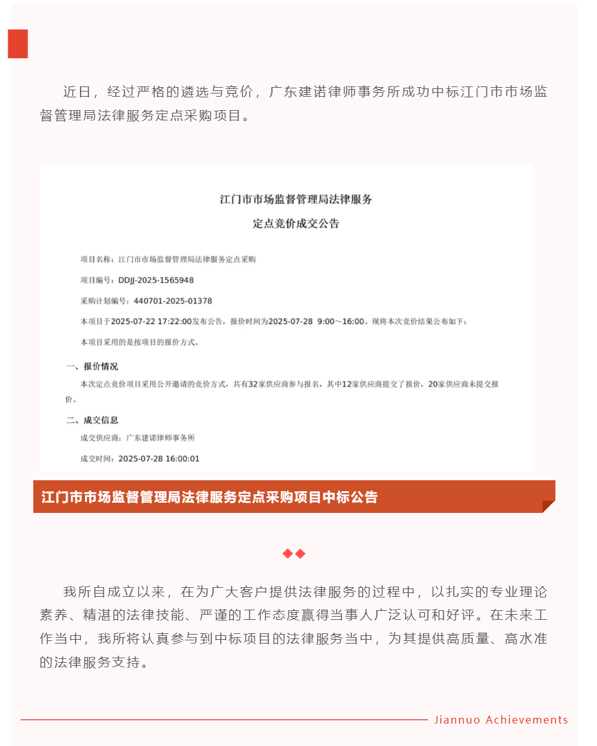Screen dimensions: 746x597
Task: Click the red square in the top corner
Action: pyautogui.click(x=18, y=44)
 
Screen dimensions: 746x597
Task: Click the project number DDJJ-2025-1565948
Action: pyautogui.click(x=156, y=280)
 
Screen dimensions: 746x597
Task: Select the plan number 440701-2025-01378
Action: pyautogui.click(x=173, y=301)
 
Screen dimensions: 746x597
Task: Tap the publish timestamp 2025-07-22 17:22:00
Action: pyautogui.click(x=152, y=321)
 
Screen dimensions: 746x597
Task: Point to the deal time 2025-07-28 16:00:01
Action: pyautogui.click(x=159, y=458)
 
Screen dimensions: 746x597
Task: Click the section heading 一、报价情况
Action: pyautogui.click(x=92, y=366)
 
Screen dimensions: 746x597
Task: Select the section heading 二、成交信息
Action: pyautogui.click(x=92, y=420)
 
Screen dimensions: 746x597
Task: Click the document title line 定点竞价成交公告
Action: pyautogui.click(x=296, y=224)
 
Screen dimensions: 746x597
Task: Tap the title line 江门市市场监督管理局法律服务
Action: pyautogui.click(x=296, y=199)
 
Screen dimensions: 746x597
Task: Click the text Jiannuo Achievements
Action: pyautogui.click(x=501, y=720)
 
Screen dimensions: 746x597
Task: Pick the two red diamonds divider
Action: pyautogui.click(x=294, y=553)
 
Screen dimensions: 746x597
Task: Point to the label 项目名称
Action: pyautogui.click(x=95, y=259)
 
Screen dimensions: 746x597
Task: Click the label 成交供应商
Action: pyautogui.click(x=100, y=438)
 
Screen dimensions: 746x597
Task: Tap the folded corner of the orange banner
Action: pyautogui.click(x=548, y=506)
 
